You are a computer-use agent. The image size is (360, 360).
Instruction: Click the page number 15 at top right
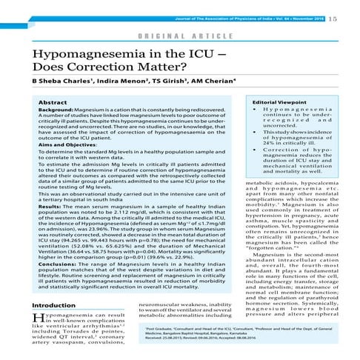point(350,8)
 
